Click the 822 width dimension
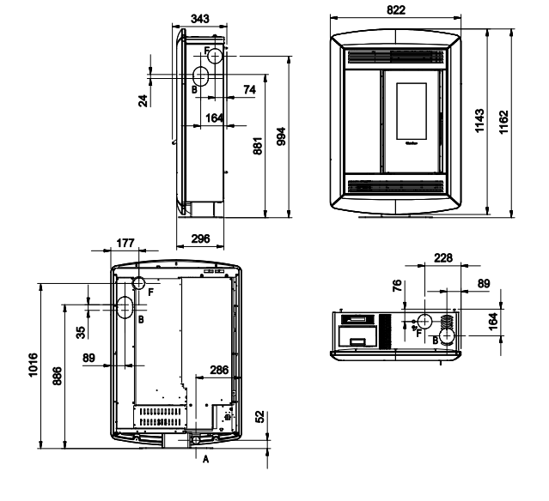(396, 9)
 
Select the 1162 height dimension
(503, 122)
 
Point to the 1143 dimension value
(479, 121)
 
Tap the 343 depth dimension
(200, 19)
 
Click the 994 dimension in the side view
(281, 136)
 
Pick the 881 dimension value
(258, 146)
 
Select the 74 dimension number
(250, 90)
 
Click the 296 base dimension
(201, 238)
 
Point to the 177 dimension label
(125, 243)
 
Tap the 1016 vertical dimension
(33, 365)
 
